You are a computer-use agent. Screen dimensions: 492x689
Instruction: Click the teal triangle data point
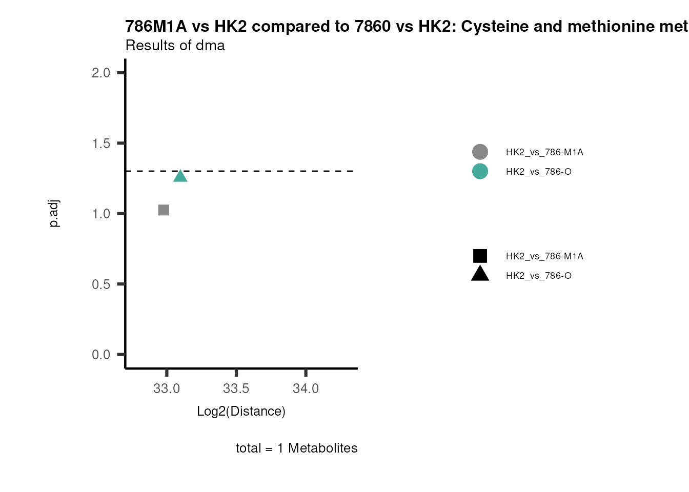180,176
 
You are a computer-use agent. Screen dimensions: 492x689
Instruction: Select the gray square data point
164,210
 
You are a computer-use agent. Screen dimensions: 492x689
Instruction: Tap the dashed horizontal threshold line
267,171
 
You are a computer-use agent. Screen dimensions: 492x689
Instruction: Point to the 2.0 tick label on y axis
101,73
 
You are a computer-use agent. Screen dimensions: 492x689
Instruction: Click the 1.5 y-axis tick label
101,143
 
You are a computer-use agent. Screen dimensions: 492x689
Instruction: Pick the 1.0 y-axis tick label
101,214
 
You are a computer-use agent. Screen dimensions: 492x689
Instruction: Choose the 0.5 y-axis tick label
101,284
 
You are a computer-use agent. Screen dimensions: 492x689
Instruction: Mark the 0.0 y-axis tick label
101,355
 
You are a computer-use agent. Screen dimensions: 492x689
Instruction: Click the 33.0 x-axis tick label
167,388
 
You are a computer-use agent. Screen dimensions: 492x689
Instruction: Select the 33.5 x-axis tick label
236,388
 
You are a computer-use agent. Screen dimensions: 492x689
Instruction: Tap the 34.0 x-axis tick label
306,388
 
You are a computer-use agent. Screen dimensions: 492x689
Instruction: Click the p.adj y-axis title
54,214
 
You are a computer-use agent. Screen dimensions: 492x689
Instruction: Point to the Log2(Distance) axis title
241,411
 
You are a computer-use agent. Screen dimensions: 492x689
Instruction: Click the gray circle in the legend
480,152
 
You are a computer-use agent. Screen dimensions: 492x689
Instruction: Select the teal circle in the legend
480,171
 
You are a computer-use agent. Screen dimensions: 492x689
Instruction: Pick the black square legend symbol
480,256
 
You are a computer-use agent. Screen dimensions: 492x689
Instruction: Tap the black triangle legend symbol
480,274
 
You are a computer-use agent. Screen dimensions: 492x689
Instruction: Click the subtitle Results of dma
175,46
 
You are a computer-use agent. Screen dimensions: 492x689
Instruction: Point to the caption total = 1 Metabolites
296,448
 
